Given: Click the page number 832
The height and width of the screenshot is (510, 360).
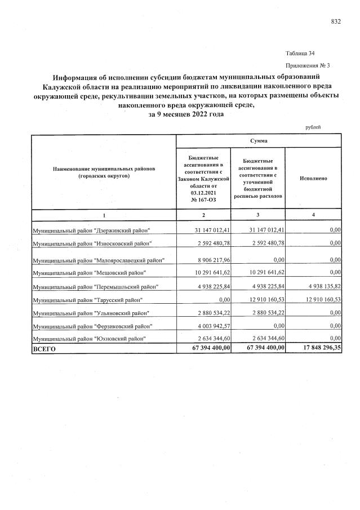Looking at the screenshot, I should point(336,21).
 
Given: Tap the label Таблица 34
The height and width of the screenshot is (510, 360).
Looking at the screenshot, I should point(300,54).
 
